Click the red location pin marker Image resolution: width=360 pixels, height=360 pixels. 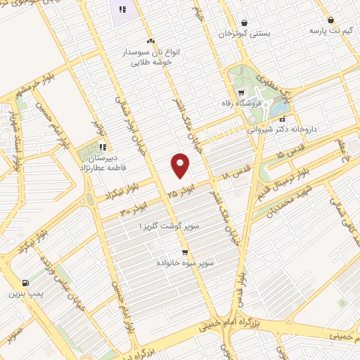(181, 165)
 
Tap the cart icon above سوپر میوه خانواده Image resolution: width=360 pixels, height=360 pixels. (185, 252)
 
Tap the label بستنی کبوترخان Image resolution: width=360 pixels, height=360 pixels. (244, 33)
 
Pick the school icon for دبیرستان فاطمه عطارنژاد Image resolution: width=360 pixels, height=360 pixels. (102, 148)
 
